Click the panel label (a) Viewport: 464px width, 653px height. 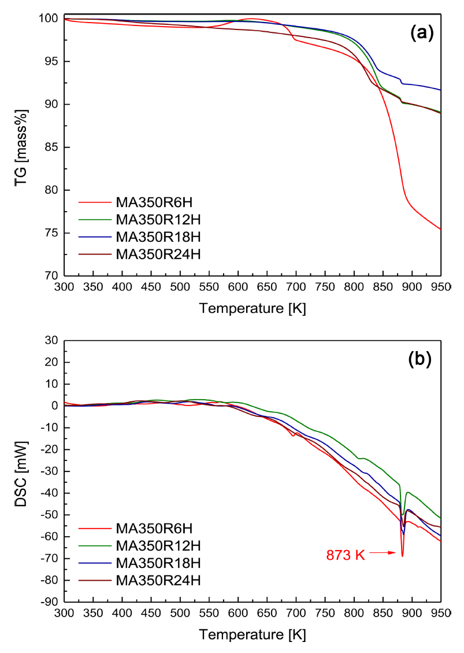tap(421, 34)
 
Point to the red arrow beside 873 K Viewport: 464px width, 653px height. tap(382, 554)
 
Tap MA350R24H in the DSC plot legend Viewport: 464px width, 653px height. tap(151, 579)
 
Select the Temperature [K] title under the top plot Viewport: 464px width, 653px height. tap(253, 308)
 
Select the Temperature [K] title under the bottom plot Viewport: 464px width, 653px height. tap(253, 634)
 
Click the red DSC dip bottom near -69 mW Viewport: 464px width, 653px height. tap(402, 556)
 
